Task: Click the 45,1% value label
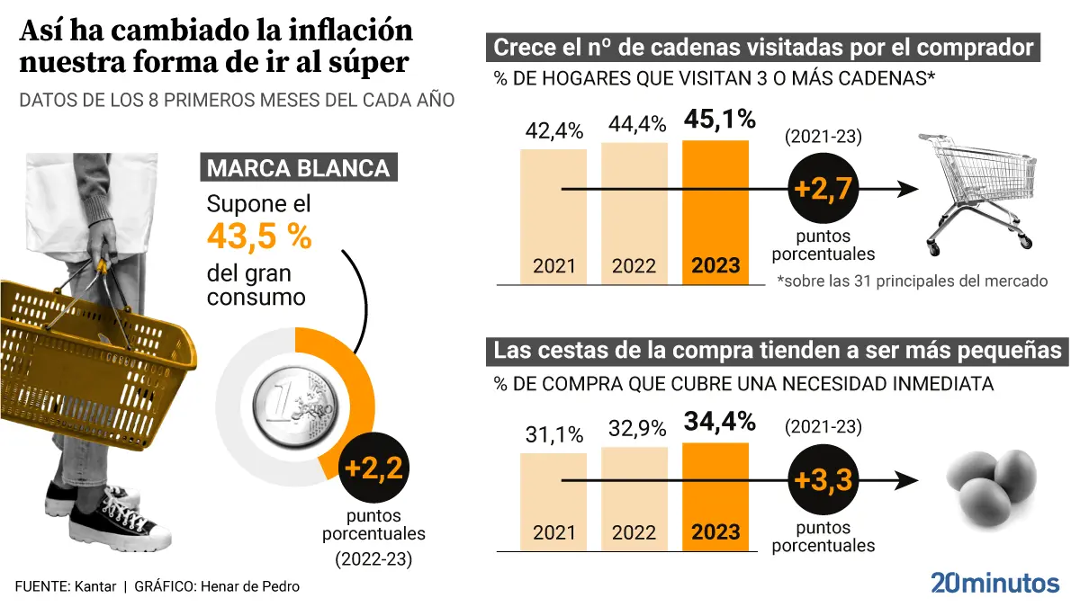point(720,120)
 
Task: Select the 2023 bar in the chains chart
point(715,212)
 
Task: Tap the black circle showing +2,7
point(821,190)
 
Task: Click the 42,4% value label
point(553,130)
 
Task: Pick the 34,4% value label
point(720,422)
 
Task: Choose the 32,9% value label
point(634,429)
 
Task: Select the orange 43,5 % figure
point(259,237)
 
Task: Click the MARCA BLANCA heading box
point(298,168)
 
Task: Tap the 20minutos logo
point(994,582)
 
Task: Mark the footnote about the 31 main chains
point(912,281)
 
